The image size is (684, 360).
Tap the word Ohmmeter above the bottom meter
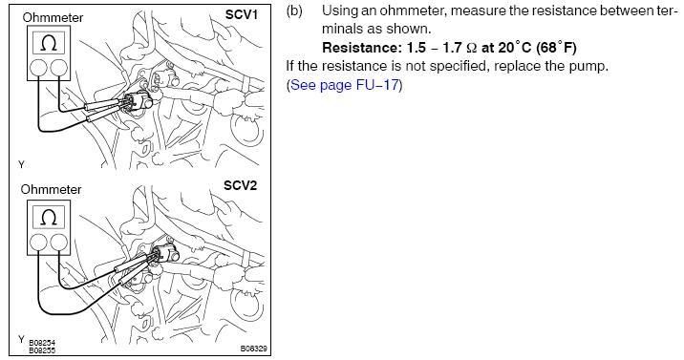[51, 189]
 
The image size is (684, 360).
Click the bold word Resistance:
[357, 47]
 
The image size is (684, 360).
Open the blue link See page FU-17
[345, 85]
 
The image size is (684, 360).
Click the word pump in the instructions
[590, 66]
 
